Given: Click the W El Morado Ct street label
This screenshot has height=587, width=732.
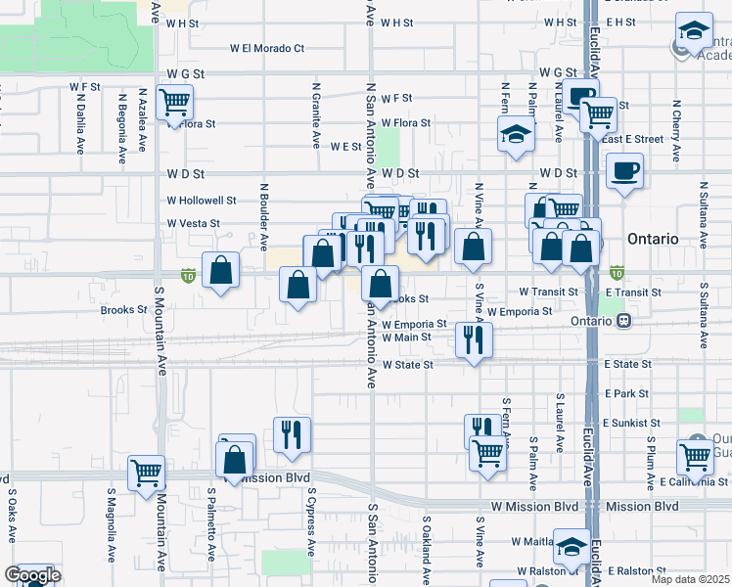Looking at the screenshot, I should click(x=267, y=47).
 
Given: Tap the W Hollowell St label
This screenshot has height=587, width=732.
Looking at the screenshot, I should click(x=202, y=201).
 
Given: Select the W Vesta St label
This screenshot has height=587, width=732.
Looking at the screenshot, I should click(x=193, y=223).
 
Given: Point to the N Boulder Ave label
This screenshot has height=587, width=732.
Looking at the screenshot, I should click(x=264, y=214).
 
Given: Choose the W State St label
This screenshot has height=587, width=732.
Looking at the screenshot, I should click(x=407, y=365).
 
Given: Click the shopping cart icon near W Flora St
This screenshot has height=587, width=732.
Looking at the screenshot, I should click(x=175, y=102).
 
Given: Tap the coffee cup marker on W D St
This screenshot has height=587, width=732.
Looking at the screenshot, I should click(x=623, y=173).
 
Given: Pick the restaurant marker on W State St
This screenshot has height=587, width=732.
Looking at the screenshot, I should click(x=474, y=339).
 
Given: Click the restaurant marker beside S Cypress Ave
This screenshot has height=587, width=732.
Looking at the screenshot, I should click(x=292, y=433).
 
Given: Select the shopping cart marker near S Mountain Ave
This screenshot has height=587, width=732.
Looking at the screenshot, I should click(x=146, y=473).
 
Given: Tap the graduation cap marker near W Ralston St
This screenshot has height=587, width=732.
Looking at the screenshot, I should click(x=572, y=546).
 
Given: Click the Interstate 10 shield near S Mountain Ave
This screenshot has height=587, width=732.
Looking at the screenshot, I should click(x=188, y=277).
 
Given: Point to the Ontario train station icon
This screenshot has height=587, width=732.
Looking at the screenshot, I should click(x=623, y=321).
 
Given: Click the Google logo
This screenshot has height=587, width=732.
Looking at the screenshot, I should click(x=32, y=575).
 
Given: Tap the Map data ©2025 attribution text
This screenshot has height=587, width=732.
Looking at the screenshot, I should click(x=690, y=579).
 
